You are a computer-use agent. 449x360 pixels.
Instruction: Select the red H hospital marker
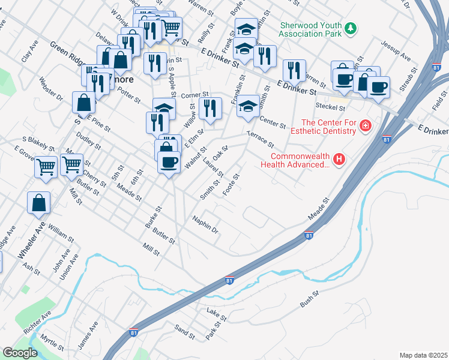click(x=339, y=159)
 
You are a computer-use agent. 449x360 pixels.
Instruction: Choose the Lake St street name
click(x=216, y=314)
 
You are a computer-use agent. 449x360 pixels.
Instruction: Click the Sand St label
click(x=184, y=331)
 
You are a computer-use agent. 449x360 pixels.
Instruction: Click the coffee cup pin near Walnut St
click(x=169, y=162)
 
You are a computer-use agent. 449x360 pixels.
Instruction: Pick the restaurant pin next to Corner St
click(x=209, y=108)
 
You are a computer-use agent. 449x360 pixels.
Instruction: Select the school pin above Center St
click(x=248, y=106)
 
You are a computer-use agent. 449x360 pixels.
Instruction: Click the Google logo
click(x=20, y=353)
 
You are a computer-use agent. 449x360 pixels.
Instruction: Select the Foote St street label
click(x=231, y=184)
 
